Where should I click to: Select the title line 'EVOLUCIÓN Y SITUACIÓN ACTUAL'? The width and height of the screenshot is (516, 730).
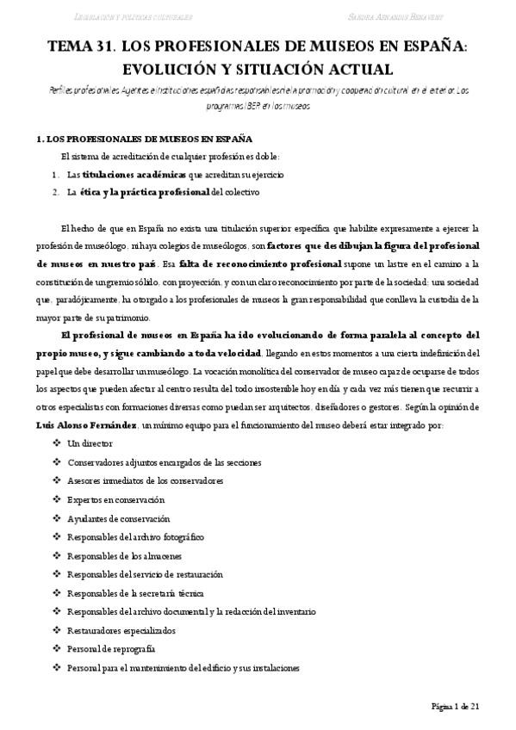point(258,68)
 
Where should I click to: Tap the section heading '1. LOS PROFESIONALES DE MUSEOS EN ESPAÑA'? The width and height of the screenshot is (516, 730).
point(144,139)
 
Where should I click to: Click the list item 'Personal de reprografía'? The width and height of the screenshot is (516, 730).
point(111,648)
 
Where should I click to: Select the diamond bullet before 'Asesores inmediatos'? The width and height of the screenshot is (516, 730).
point(56,481)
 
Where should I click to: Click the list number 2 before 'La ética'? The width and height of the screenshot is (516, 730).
point(54,192)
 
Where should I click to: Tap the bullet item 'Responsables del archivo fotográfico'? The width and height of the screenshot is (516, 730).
point(135,537)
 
